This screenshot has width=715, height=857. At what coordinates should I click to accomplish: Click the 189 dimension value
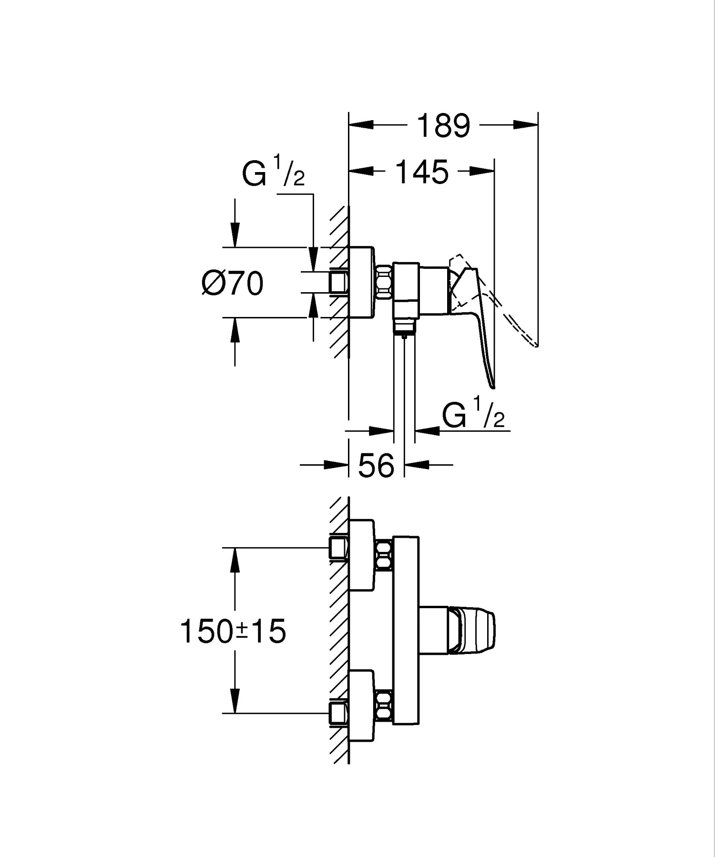click(x=443, y=126)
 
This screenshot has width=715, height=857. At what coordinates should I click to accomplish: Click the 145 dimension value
click(x=422, y=172)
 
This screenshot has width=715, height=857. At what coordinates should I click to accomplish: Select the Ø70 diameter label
click(x=233, y=284)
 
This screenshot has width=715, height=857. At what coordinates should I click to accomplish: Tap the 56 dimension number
click(x=376, y=465)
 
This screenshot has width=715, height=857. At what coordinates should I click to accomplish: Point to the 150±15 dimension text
click(x=233, y=631)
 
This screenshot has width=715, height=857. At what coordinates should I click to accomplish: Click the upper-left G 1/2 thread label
click(x=273, y=175)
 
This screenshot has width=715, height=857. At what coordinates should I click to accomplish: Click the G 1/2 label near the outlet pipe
click(x=473, y=416)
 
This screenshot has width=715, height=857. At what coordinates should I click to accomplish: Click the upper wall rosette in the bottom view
click(x=362, y=555)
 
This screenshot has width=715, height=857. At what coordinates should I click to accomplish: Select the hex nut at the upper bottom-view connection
click(x=384, y=555)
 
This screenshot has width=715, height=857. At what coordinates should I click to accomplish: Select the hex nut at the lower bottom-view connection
click(x=384, y=706)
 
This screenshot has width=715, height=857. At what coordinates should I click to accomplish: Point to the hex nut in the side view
click(x=384, y=282)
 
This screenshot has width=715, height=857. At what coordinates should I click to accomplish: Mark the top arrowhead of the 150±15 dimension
click(x=234, y=561)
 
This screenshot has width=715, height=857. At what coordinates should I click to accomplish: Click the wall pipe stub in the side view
click(x=338, y=282)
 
